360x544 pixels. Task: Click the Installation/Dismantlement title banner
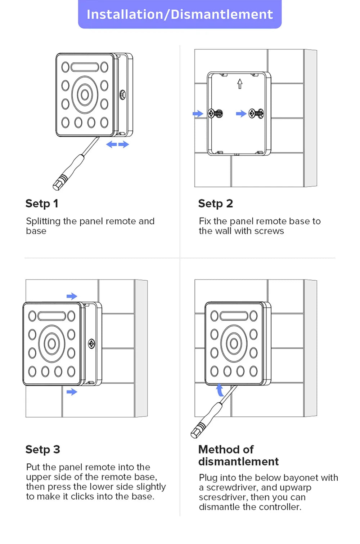point(180,14)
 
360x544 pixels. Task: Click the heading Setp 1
point(41,204)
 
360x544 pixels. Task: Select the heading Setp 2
point(215,204)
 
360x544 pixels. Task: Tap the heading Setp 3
point(42,450)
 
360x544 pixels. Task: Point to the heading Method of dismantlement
point(238,455)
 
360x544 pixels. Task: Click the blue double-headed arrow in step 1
point(117,144)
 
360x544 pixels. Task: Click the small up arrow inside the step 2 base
point(240,84)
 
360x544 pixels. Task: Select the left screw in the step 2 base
point(216,113)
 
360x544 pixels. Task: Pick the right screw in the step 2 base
point(257,113)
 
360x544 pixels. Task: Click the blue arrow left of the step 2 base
point(198,114)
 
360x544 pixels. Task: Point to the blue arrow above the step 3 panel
point(72,296)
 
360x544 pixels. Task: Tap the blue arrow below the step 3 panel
point(72,392)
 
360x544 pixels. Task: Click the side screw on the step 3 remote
point(91,344)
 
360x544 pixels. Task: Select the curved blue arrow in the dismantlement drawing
point(220,390)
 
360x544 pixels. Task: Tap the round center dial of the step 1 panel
point(85,95)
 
